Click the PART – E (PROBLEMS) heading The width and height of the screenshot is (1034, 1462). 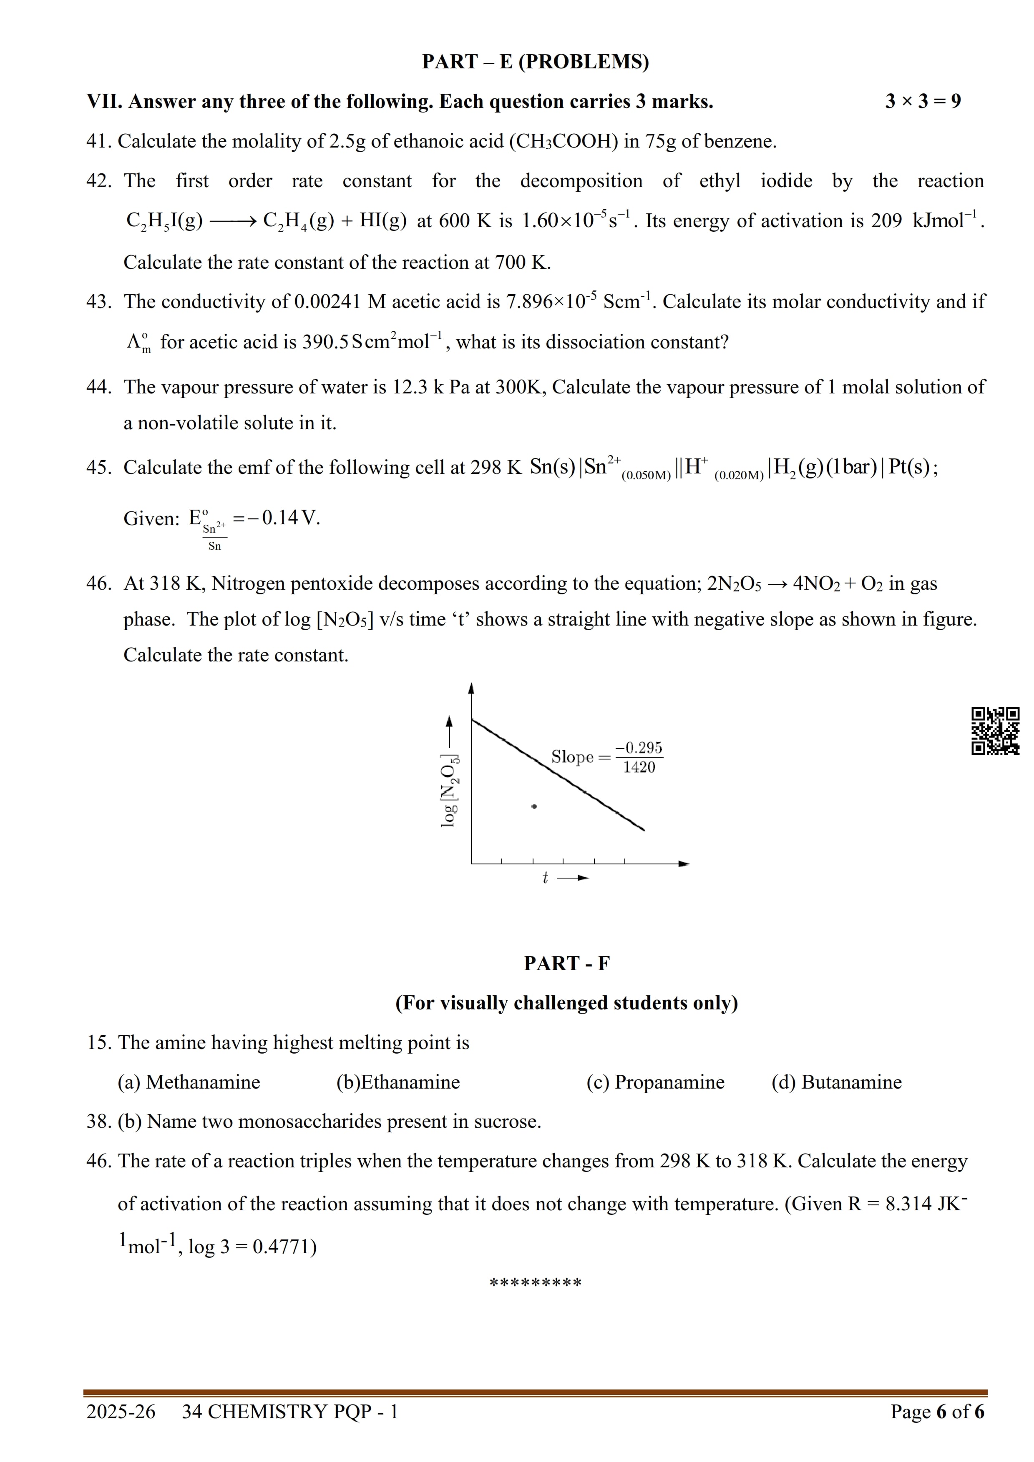point(535,62)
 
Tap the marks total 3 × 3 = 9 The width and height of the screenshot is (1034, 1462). point(923,101)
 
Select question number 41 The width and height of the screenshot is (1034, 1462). point(99,141)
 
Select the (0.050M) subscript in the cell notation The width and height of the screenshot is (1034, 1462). point(645,476)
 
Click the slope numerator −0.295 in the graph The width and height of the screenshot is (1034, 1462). point(638,748)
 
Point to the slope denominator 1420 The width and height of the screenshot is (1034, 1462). point(639,767)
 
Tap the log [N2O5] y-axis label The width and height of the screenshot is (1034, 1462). point(450,791)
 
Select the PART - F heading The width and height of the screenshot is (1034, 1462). point(566,964)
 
